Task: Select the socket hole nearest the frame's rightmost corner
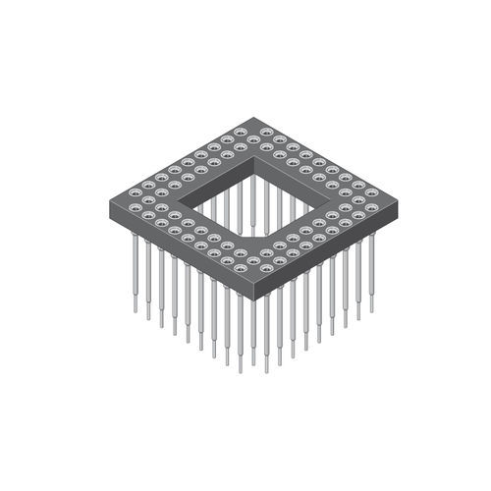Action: tap(371, 192)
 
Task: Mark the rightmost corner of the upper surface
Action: tap(388, 192)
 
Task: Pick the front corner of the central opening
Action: tap(243, 236)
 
